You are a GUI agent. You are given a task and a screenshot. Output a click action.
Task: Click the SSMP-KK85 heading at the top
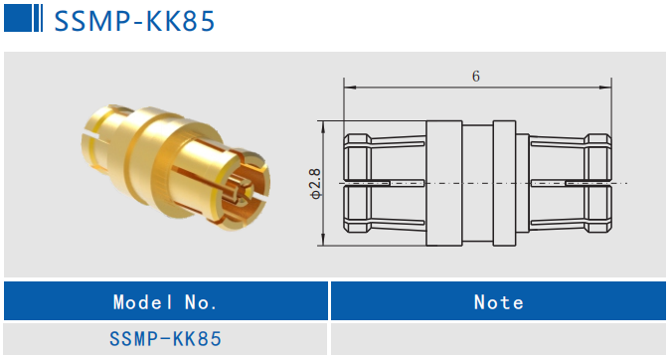(133, 21)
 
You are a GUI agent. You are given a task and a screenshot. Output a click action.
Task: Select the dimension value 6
(477, 76)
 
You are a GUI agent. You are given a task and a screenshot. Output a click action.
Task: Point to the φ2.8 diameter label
(315, 183)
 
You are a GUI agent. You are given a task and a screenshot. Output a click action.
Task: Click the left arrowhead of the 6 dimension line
(348, 88)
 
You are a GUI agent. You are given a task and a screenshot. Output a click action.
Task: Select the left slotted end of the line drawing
(383, 184)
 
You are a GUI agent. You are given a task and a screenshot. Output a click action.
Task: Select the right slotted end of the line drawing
(572, 184)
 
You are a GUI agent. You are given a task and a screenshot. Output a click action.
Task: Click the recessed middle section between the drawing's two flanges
(477, 184)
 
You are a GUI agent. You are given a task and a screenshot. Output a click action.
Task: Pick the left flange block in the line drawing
(444, 184)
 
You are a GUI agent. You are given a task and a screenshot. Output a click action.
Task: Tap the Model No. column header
(165, 301)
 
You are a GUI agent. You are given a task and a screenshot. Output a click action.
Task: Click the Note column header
(498, 301)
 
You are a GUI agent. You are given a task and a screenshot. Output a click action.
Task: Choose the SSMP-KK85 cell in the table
(165, 339)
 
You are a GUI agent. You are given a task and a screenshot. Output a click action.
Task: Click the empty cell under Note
(498, 339)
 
